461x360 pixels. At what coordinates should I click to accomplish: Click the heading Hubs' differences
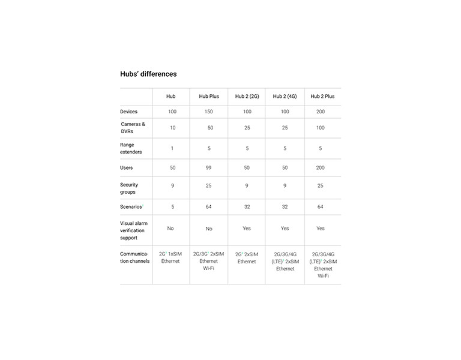tap(148, 74)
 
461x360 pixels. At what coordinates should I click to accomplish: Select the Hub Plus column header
tap(209, 96)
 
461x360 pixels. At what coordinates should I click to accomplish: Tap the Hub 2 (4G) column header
tap(285, 96)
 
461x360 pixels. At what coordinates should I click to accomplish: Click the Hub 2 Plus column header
tap(322, 96)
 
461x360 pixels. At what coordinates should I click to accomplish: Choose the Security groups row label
tap(129, 188)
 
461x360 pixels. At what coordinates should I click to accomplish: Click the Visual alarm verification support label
tap(134, 230)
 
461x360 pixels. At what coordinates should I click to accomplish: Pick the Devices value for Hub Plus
tap(209, 112)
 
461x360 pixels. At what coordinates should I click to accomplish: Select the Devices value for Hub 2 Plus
tap(321, 112)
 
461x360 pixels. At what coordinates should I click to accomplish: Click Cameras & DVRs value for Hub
tap(173, 128)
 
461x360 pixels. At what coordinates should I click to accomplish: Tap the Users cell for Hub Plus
tap(209, 168)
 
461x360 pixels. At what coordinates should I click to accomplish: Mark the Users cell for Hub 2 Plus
tap(321, 168)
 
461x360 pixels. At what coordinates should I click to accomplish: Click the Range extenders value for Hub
tap(172, 148)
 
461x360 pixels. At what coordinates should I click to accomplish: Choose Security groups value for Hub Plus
tap(209, 186)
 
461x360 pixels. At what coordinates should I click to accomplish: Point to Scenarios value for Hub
tap(172, 206)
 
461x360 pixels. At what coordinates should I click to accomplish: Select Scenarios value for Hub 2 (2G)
tap(247, 206)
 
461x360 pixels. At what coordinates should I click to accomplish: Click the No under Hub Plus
tap(209, 229)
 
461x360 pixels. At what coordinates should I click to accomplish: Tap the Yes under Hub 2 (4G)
tap(285, 229)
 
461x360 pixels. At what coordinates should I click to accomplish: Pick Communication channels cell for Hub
tap(170, 257)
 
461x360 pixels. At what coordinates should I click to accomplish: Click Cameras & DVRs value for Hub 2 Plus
tap(321, 128)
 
